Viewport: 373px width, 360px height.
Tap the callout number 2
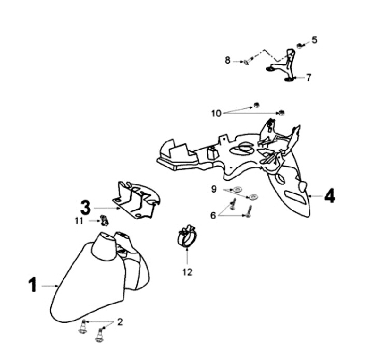point(120,322)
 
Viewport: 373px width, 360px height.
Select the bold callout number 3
point(85,207)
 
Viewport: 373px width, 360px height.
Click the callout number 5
point(314,40)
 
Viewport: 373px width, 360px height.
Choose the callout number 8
point(227,61)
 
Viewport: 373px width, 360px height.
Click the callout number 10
point(216,112)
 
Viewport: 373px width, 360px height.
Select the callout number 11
point(79,221)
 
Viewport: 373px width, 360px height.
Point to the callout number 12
point(187,272)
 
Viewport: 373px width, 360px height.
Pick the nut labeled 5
point(299,46)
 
